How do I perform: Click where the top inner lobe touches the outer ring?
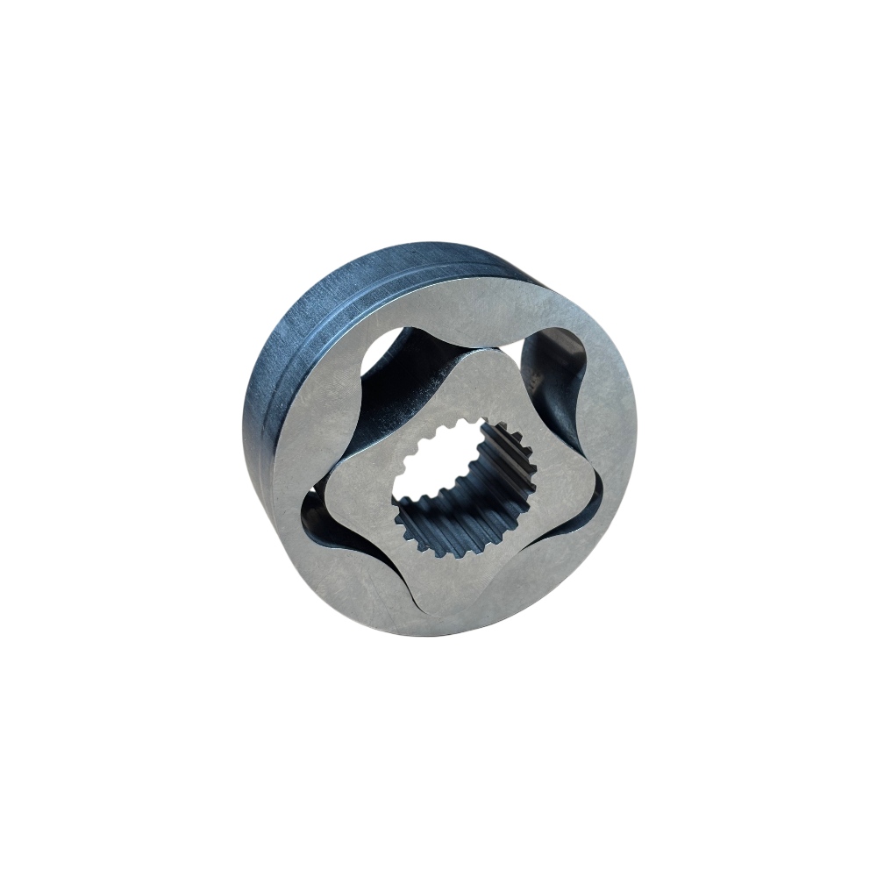478,346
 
